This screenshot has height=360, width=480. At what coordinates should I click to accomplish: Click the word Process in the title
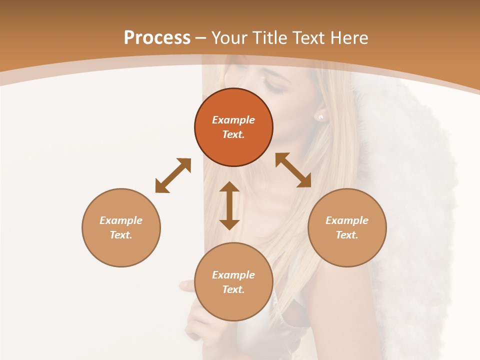(157, 38)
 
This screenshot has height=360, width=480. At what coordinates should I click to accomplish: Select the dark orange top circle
(233, 127)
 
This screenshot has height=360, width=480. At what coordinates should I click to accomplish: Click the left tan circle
(121, 227)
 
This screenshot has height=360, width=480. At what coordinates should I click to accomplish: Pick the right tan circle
(347, 227)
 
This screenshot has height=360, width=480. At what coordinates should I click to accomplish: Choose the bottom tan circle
(233, 282)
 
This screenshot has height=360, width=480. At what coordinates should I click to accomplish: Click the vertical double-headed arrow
(229, 205)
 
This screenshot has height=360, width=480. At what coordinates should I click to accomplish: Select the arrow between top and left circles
(173, 175)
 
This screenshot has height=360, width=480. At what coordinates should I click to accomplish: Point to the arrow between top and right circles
(293, 170)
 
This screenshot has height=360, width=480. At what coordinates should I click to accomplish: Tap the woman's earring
(320, 117)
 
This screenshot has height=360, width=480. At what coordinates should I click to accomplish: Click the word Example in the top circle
(233, 120)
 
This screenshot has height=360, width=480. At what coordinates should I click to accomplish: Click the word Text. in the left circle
(121, 235)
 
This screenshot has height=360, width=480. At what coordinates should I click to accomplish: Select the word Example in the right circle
(347, 220)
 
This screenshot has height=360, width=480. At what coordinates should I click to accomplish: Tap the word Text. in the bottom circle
(233, 289)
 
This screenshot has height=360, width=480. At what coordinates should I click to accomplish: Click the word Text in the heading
(307, 38)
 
